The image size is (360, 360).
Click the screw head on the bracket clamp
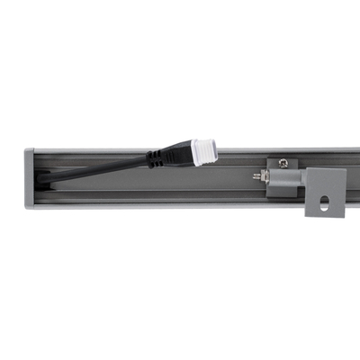[x=283, y=163]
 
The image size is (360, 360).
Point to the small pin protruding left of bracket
[x=257, y=177]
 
